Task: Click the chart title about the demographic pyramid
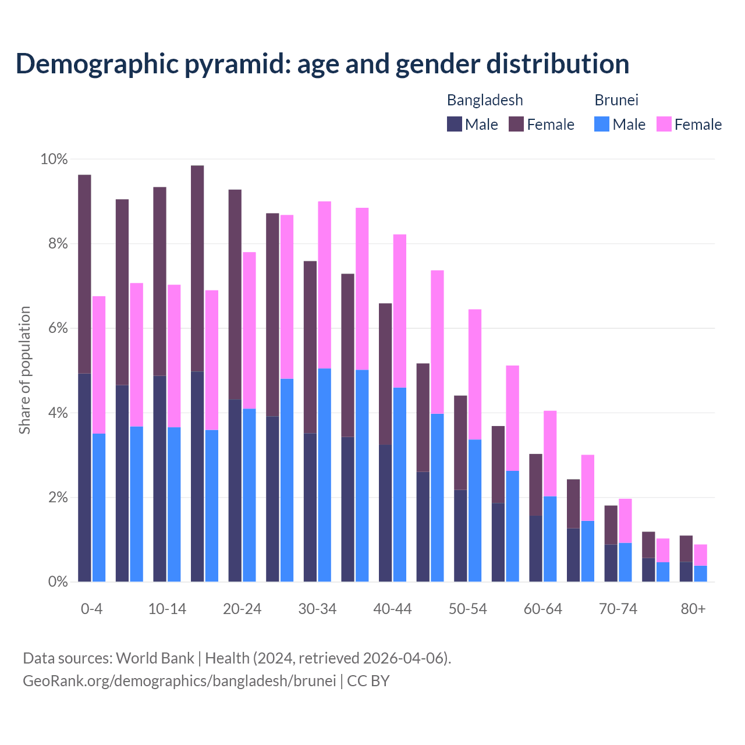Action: [322, 63]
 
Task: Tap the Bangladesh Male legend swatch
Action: [455, 124]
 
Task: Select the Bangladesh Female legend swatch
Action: [516, 124]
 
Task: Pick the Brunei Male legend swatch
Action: [602, 124]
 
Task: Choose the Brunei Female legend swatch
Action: [664, 124]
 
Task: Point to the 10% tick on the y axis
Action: [54, 159]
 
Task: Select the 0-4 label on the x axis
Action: [91, 609]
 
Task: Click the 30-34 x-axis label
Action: [317, 609]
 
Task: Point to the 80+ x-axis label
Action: [693, 609]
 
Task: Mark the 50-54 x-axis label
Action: [467, 609]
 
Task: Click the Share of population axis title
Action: [25, 370]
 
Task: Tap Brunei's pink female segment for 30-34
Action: [324, 285]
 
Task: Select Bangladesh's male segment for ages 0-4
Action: [84, 477]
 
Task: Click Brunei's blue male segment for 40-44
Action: [400, 484]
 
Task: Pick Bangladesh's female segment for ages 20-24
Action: [235, 295]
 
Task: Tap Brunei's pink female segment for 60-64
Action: [550, 453]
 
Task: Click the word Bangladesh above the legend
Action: [484, 100]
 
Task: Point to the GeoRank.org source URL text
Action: [179, 680]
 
